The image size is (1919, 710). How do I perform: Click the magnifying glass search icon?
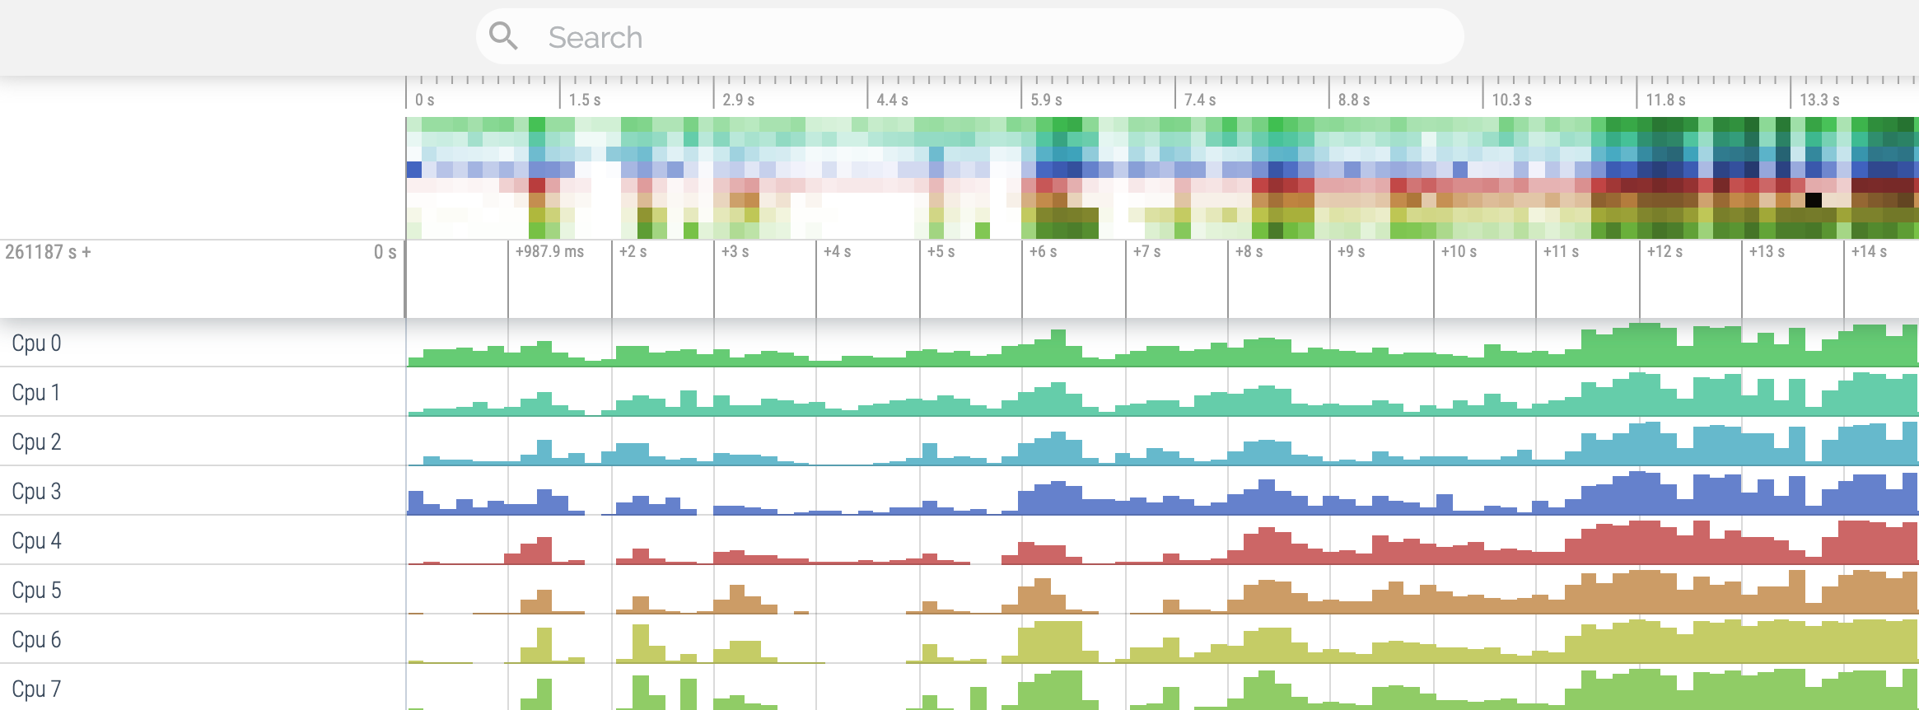pos(503,36)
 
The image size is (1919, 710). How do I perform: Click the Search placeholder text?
pos(595,37)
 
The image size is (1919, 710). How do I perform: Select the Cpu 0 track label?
pos(36,343)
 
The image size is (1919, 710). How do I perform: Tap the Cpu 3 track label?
pos(36,492)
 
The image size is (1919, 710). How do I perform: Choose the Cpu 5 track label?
pos(36,591)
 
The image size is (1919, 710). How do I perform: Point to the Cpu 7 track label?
pos(36,689)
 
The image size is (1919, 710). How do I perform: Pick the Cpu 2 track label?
pos(36,442)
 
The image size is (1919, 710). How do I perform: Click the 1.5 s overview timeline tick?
pos(584,100)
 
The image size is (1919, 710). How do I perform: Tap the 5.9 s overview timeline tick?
pos(1046,100)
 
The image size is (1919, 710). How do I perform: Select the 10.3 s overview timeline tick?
pos(1511,100)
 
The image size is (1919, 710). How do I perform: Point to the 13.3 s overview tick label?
pos(1819,100)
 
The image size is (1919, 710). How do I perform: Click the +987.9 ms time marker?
pos(549,251)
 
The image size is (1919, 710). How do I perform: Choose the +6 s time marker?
pos(1043,251)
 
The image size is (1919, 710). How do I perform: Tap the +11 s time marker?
pos(1560,251)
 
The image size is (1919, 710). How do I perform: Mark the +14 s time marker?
pos(1869,251)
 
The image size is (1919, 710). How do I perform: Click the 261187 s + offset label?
pos(48,252)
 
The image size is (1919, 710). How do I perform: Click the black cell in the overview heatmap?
pos(1813,199)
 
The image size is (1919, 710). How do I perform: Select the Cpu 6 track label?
pos(36,640)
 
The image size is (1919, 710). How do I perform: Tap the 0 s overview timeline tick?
pos(424,100)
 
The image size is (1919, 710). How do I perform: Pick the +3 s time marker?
pos(735,251)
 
